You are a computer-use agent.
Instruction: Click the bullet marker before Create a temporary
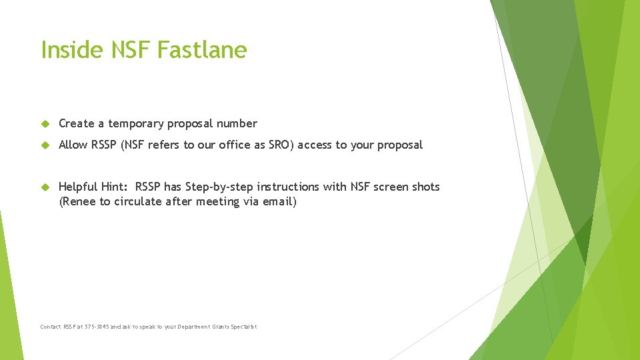tap(45, 124)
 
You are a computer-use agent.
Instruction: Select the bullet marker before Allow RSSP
tap(45, 145)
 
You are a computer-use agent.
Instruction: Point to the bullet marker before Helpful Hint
tap(45, 187)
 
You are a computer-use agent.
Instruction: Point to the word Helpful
tap(78, 187)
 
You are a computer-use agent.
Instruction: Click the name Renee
tap(79, 201)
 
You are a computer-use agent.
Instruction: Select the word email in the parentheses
tap(278, 201)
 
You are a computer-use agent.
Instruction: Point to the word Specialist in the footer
tap(243, 327)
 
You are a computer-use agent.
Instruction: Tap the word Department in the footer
tap(195, 327)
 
